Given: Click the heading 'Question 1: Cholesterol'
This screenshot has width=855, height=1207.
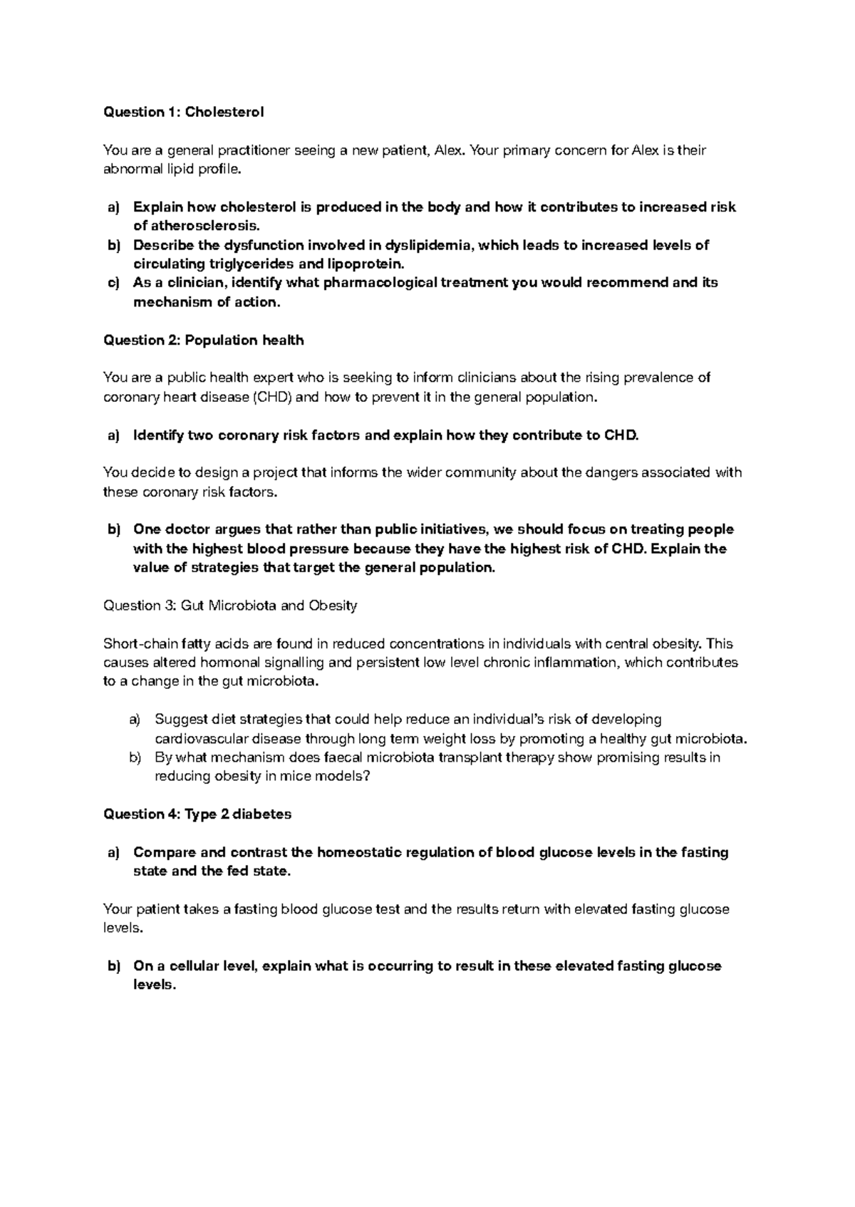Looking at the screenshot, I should coord(184,112).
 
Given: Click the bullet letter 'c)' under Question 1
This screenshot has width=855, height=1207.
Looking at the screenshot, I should coord(114,283).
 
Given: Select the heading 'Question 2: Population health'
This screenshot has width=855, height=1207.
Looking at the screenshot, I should coord(204,340).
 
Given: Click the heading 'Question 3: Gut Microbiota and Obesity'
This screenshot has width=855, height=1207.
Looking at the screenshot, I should coord(230,606).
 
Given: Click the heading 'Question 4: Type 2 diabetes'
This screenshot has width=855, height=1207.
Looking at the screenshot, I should coord(197,814).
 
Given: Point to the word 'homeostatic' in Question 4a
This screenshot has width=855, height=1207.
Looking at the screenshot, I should coord(358,852).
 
